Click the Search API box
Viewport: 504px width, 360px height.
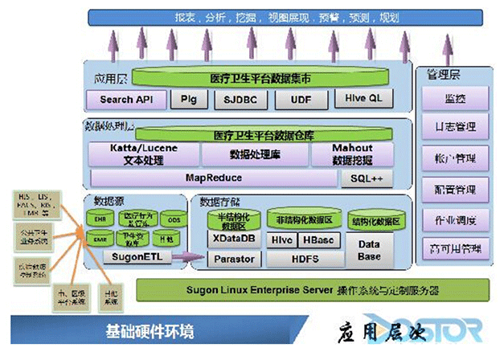[x=127, y=100]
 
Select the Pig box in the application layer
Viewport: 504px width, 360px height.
[x=189, y=100]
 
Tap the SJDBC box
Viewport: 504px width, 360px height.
[x=239, y=100]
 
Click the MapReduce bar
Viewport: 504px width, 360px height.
[x=213, y=178]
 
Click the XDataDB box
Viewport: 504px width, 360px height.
[x=231, y=239]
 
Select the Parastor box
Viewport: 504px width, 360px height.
[x=231, y=259]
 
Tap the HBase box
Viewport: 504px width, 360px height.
[x=320, y=239]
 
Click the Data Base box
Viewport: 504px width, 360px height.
[x=369, y=249]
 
